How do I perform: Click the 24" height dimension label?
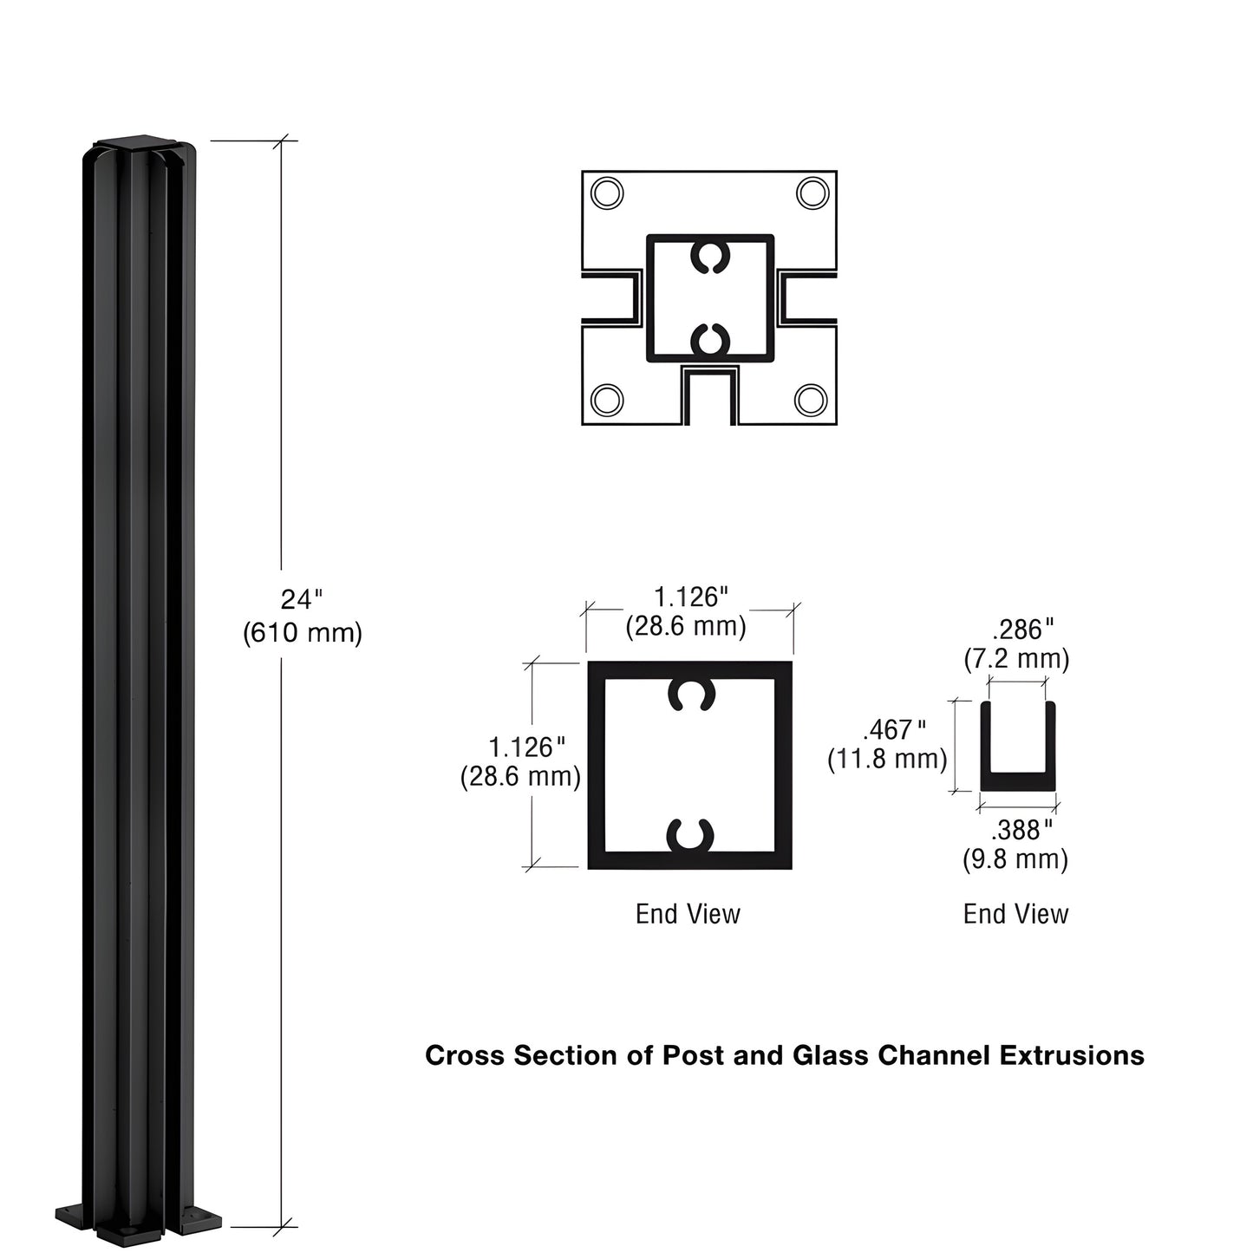(x=301, y=599)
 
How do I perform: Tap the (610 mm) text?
(x=302, y=633)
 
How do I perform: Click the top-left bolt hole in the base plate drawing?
(x=606, y=193)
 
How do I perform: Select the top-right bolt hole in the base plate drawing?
(x=812, y=193)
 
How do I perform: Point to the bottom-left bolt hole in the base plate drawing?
(x=606, y=400)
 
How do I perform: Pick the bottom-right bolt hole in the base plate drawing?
(x=812, y=400)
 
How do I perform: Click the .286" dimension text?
(x=1022, y=629)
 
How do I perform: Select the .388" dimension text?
(x=1021, y=830)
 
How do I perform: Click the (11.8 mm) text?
(x=887, y=759)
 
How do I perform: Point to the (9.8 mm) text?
(x=1015, y=859)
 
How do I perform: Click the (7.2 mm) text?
(x=1016, y=659)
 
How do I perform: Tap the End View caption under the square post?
(x=688, y=914)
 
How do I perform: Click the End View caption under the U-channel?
(x=1015, y=914)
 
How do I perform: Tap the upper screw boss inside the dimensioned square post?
(x=690, y=695)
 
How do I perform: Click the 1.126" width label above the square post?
(x=690, y=597)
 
